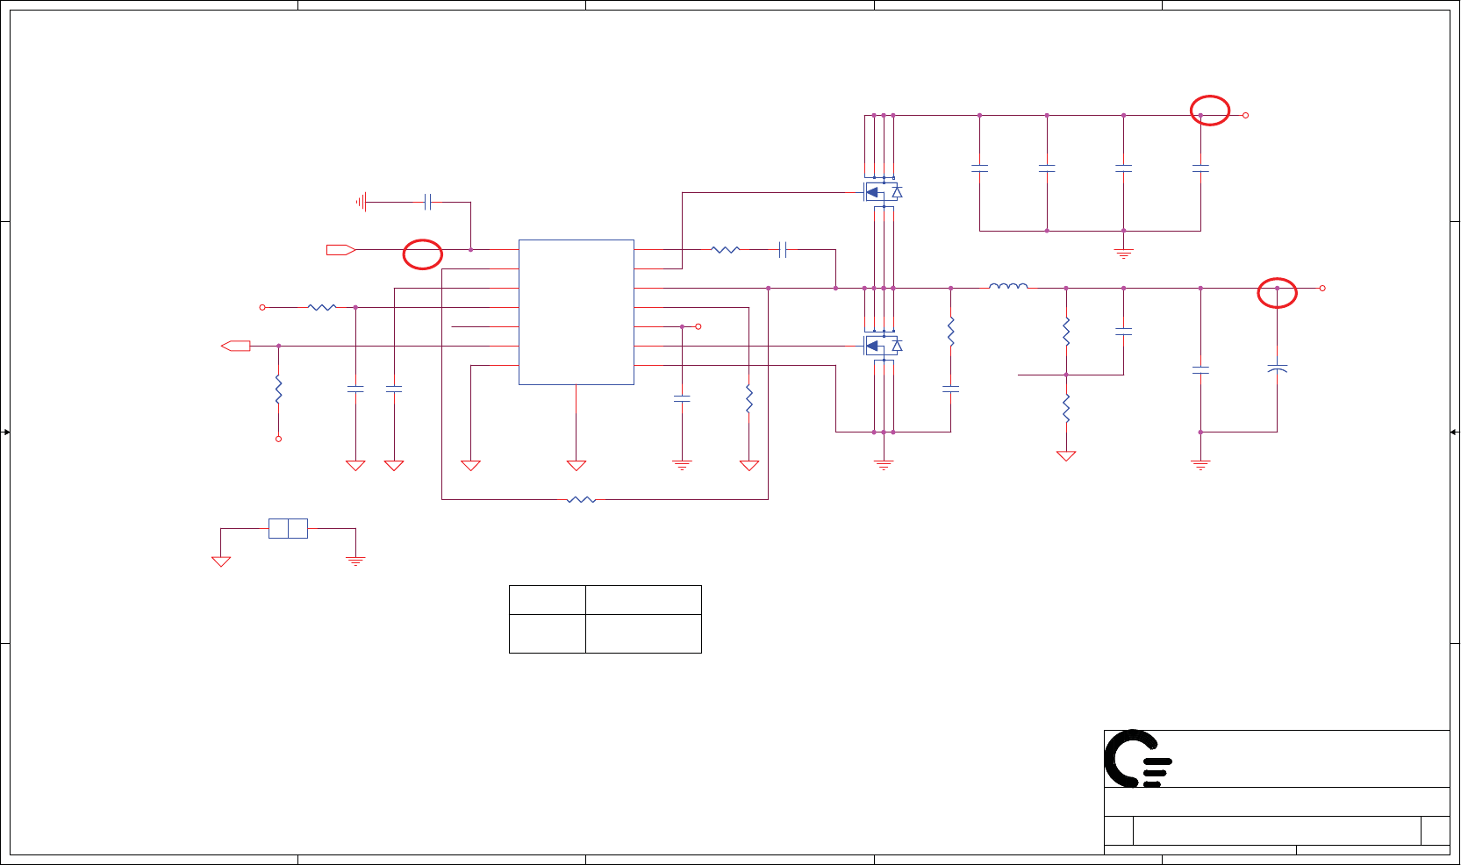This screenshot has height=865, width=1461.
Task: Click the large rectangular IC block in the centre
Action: tap(576, 311)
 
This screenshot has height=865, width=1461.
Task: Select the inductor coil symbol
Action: tap(1008, 286)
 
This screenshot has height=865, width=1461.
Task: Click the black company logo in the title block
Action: tap(1137, 759)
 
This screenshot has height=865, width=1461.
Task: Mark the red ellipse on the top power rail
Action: tap(1209, 110)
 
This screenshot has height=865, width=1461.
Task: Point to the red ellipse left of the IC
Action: tap(422, 254)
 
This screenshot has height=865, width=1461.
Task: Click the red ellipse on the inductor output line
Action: tap(1277, 292)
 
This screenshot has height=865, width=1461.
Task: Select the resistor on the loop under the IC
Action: tap(581, 499)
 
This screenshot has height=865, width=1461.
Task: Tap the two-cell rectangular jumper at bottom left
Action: tap(288, 528)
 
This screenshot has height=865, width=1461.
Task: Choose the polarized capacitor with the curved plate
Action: tap(1277, 368)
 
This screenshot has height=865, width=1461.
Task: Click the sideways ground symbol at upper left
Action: tap(361, 202)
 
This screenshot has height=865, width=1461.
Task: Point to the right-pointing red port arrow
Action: tap(340, 250)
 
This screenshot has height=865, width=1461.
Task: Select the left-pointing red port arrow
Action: tap(236, 346)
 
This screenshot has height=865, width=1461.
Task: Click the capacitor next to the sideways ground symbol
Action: tap(427, 202)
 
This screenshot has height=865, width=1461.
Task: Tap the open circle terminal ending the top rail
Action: tap(1244, 115)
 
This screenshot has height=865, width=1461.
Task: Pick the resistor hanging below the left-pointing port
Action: tap(278, 390)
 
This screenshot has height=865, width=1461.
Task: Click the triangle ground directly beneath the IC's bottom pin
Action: tap(576, 466)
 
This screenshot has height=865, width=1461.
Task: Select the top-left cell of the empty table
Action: tap(547, 600)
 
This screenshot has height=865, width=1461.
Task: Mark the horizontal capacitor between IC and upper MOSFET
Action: tap(783, 250)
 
